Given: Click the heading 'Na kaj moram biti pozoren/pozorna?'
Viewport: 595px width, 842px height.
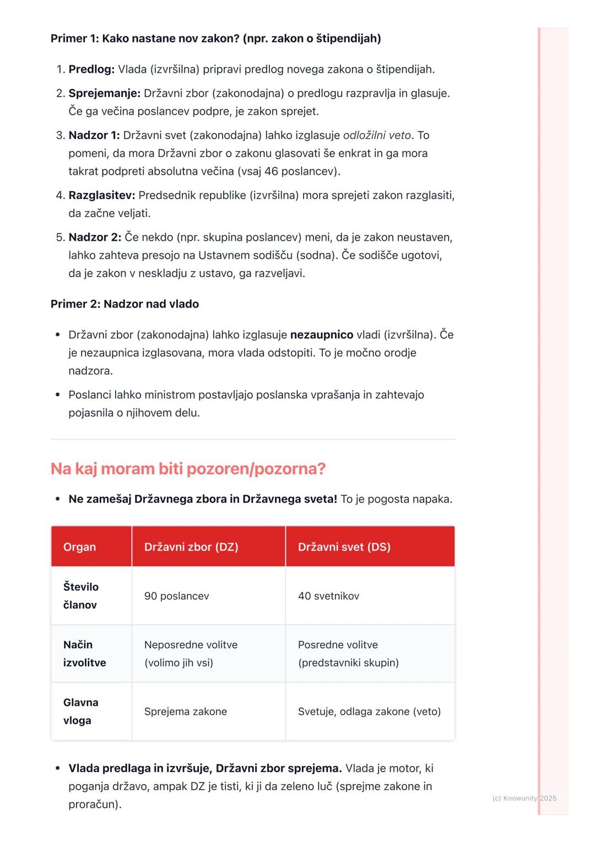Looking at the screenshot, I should [x=188, y=469].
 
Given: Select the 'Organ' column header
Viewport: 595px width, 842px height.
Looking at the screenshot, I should [x=79, y=547].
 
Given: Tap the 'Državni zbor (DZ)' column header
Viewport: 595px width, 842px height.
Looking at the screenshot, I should [x=191, y=547].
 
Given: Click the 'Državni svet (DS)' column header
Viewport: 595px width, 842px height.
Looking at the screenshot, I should [x=344, y=547].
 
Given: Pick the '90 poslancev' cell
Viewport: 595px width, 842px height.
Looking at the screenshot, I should [x=176, y=596].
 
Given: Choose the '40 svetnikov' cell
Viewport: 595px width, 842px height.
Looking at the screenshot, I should [x=328, y=596].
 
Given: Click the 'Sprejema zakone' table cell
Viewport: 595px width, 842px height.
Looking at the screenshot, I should [x=185, y=712].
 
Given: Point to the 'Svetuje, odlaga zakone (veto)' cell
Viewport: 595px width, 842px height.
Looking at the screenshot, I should [x=369, y=712].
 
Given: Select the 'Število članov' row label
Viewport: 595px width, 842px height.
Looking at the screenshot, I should [x=80, y=596].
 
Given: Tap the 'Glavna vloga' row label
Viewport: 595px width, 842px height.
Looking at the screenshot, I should [x=80, y=711].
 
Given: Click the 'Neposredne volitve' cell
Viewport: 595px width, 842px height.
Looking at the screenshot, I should [x=191, y=645].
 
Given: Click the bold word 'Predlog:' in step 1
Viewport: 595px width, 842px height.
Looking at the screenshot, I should [x=91, y=69].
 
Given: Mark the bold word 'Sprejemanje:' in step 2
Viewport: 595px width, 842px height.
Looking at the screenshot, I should [x=104, y=94].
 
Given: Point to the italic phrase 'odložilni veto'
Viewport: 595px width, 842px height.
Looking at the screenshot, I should [x=377, y=136].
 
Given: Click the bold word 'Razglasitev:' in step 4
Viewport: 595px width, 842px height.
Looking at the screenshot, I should [x=101, y=196].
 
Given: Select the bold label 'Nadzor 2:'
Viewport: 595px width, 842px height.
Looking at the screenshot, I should [x=95, y=238].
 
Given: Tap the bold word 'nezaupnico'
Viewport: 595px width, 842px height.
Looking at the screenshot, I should [x=322, y=335].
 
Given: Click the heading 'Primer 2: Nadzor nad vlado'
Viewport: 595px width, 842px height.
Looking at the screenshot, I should [x=125, y=304].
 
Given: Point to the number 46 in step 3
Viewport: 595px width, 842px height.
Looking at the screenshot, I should [x=271, y=171].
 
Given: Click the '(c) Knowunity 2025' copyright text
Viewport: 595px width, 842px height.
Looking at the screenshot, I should [x=524, y=798].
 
